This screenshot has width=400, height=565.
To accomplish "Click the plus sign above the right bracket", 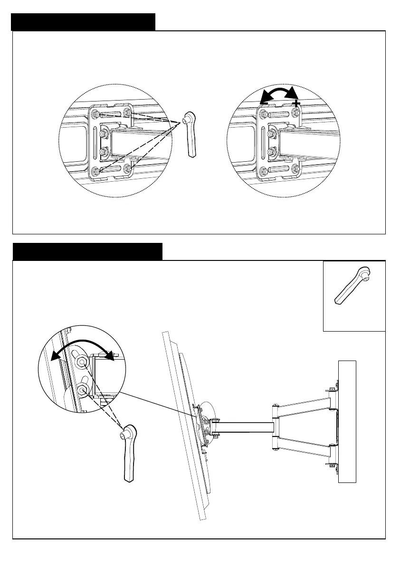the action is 296,103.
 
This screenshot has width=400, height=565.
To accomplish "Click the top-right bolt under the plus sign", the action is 295,112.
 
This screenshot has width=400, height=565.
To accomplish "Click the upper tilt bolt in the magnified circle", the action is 82,362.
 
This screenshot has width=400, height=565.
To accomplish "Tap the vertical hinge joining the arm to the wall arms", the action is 275,426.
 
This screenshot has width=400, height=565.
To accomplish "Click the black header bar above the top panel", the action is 83,22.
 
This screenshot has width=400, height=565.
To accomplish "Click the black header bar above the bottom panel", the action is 87,251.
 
